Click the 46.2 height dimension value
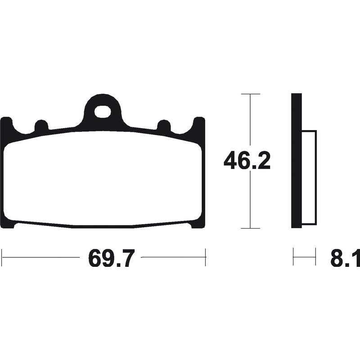point(247,161)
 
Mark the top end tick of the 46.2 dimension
point(251,94)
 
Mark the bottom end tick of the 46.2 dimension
point(251,228)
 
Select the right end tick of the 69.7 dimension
point(206,257)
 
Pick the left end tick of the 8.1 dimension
point(293,257)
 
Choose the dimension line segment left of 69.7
point(40,257)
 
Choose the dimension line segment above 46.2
point(251,121)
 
